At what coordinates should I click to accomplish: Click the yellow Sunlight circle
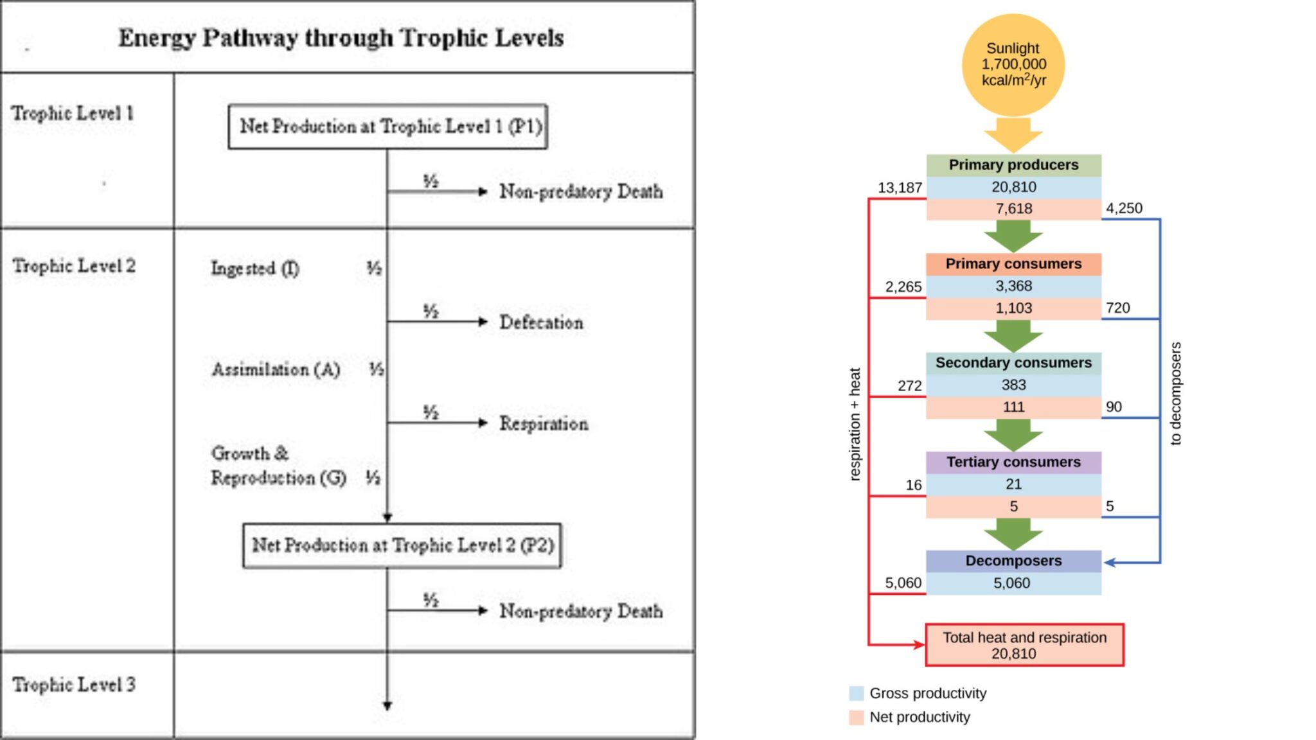tap(1013, 65)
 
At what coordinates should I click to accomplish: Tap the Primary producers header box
tap(1013, 165)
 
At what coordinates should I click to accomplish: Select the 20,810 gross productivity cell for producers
tap(1013, 187)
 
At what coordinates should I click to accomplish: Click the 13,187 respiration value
tap(900, 188)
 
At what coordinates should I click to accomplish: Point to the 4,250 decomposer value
tap(1124, 208)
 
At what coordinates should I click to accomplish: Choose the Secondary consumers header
tap(1013, 363)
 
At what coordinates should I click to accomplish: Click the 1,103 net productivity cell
tap(1013, 308)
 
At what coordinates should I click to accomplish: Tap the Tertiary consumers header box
tap(1013, 463)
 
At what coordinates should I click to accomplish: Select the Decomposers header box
tap(1013, 561)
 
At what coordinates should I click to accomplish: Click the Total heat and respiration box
tap(1024, 645)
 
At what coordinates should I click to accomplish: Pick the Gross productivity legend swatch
tap(856, 693)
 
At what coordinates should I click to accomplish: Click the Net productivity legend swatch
tap(856, 717)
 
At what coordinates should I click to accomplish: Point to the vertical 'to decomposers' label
tap(1175, 393)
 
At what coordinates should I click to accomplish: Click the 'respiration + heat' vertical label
tap(854, 424)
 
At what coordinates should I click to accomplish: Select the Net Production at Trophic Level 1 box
tap(388, 127)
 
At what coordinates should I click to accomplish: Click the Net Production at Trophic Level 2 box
tap(402, 545)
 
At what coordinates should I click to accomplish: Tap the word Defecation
tap(541, 322)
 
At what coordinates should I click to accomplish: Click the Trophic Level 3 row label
tap(74, 685)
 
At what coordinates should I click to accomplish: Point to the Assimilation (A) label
tap(276, 369)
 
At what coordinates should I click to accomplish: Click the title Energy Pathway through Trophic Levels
tap(341, 38)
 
